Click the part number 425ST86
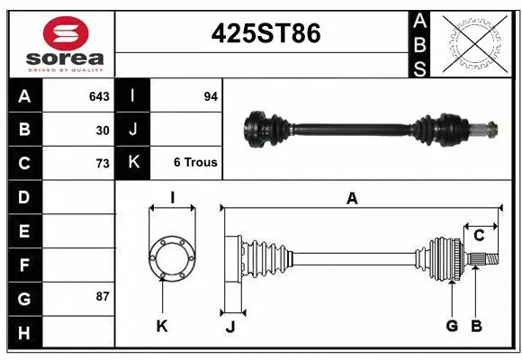coord(265,33)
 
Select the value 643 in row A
coord(99,95)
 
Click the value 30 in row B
coord(103,130)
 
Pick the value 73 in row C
coord(103,163)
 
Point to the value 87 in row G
coord(103,296)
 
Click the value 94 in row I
coord(211,95)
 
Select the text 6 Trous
coord(195,163)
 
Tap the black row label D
coord(23,196)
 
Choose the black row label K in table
coord(133,163)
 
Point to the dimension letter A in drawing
coord(352,199)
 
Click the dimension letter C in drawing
coord(479,235)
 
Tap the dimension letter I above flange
coord(171,198)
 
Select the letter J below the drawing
coord(229,327)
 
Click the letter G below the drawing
coord(452,326)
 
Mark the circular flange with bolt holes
coord(171,256)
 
